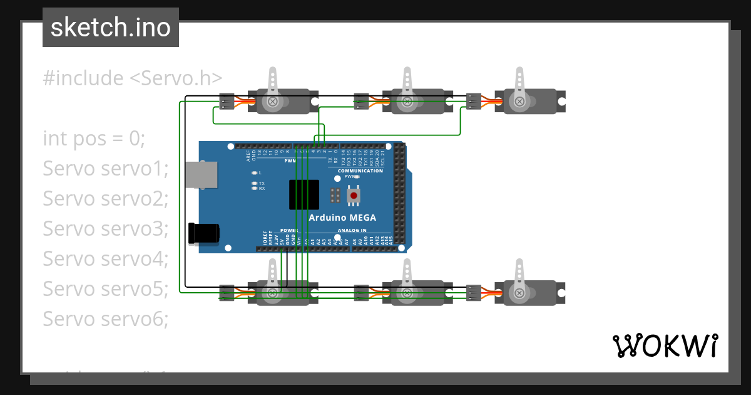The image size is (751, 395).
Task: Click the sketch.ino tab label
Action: point(111,28)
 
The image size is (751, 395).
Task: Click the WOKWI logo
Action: point(664,345)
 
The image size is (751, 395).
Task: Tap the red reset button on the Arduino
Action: point(354,196)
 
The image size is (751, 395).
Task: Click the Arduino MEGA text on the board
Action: point(342,218)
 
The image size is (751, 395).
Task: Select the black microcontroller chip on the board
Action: point(304,194)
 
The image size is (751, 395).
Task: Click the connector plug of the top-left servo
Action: point(227,101)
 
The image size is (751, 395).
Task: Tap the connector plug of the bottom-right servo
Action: point(474,292)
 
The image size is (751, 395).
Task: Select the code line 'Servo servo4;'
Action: point(106,258)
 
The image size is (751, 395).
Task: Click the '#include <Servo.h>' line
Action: point(133,78)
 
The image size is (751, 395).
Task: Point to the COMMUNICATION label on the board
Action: point(360,171)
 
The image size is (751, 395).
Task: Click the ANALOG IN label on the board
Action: point(352,230)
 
